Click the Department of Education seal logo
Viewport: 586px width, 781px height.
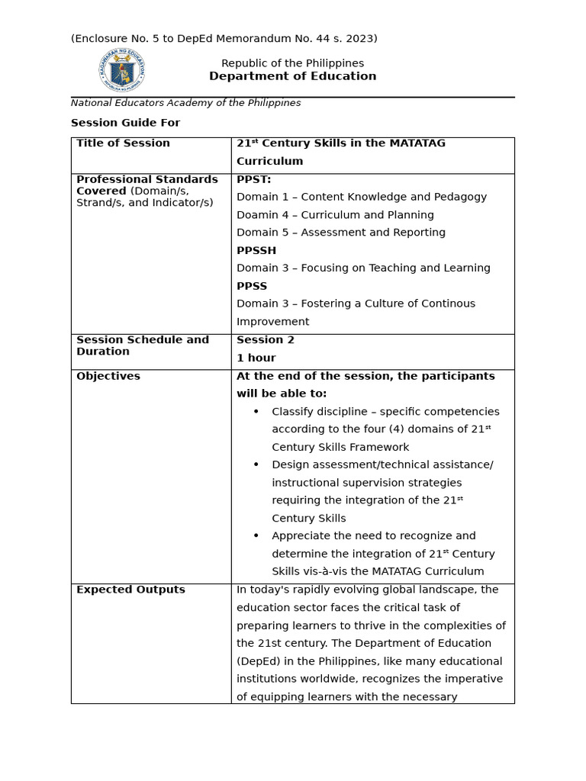[121, 71]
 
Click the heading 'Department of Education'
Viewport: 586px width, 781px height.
[292, 76]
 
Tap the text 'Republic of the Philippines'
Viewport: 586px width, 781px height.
[292, 63]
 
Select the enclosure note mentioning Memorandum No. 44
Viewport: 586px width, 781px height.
[224, 38]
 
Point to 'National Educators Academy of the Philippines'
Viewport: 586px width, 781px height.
[185, 103]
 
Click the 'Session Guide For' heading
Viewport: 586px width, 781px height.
[125, 123]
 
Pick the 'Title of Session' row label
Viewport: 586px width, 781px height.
[123, 143]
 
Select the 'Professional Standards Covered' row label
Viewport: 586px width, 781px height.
[146, 185]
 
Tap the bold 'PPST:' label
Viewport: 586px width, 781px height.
[253, 179]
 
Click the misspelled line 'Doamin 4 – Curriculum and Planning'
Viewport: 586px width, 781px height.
[335, 215]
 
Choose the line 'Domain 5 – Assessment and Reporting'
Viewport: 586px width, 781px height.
[340, 233]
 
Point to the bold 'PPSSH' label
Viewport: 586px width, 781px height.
[256, 250]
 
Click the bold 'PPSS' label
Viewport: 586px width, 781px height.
[252, 286]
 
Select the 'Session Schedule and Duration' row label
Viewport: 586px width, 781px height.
[142, 346]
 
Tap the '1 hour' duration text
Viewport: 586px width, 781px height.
[256, 358]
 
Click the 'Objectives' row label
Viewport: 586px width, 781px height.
[108, 376]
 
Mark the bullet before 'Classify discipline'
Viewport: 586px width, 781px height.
[256, 412]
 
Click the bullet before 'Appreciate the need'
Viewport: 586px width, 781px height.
[256, 536]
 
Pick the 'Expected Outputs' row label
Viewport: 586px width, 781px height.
[130, 590]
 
